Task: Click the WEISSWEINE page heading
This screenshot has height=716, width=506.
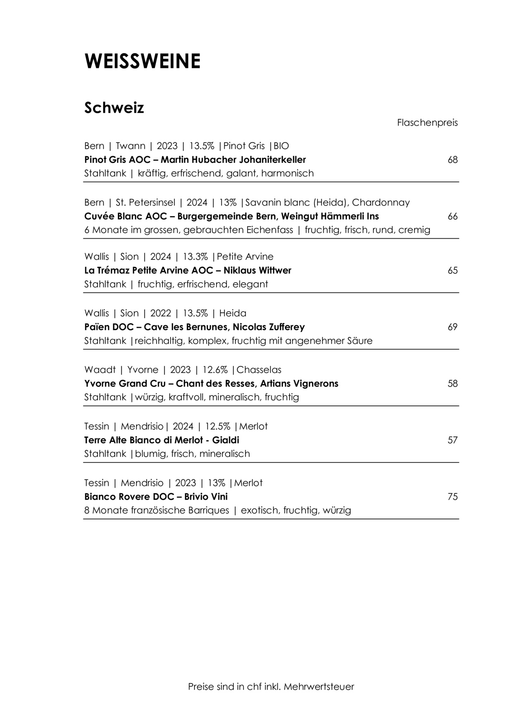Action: tap(142, 61)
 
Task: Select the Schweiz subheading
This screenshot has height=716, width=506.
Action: tap(114, 108)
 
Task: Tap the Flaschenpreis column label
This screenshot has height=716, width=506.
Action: tap(427, 123)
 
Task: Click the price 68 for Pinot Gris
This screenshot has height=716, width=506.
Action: tap(453, 160)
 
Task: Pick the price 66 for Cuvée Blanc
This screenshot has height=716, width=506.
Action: tap(453, 216)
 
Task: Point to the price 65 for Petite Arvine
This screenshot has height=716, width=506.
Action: tap(453, 271)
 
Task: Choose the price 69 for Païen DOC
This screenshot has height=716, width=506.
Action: tap(453, 327)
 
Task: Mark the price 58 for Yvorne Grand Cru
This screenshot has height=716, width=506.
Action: tap(453, 384)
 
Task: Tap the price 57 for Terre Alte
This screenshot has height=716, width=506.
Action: tap(453, 440)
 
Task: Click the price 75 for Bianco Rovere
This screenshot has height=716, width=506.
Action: tap(453, 497)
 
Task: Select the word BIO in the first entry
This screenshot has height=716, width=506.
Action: tap(282, 146)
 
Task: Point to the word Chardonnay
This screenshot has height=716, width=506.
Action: tap(381, 203)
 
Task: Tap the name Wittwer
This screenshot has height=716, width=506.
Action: tap(275, 271)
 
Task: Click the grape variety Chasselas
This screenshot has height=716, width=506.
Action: tap(259, 370)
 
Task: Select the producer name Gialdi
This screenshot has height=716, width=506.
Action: tap(226, 440)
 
